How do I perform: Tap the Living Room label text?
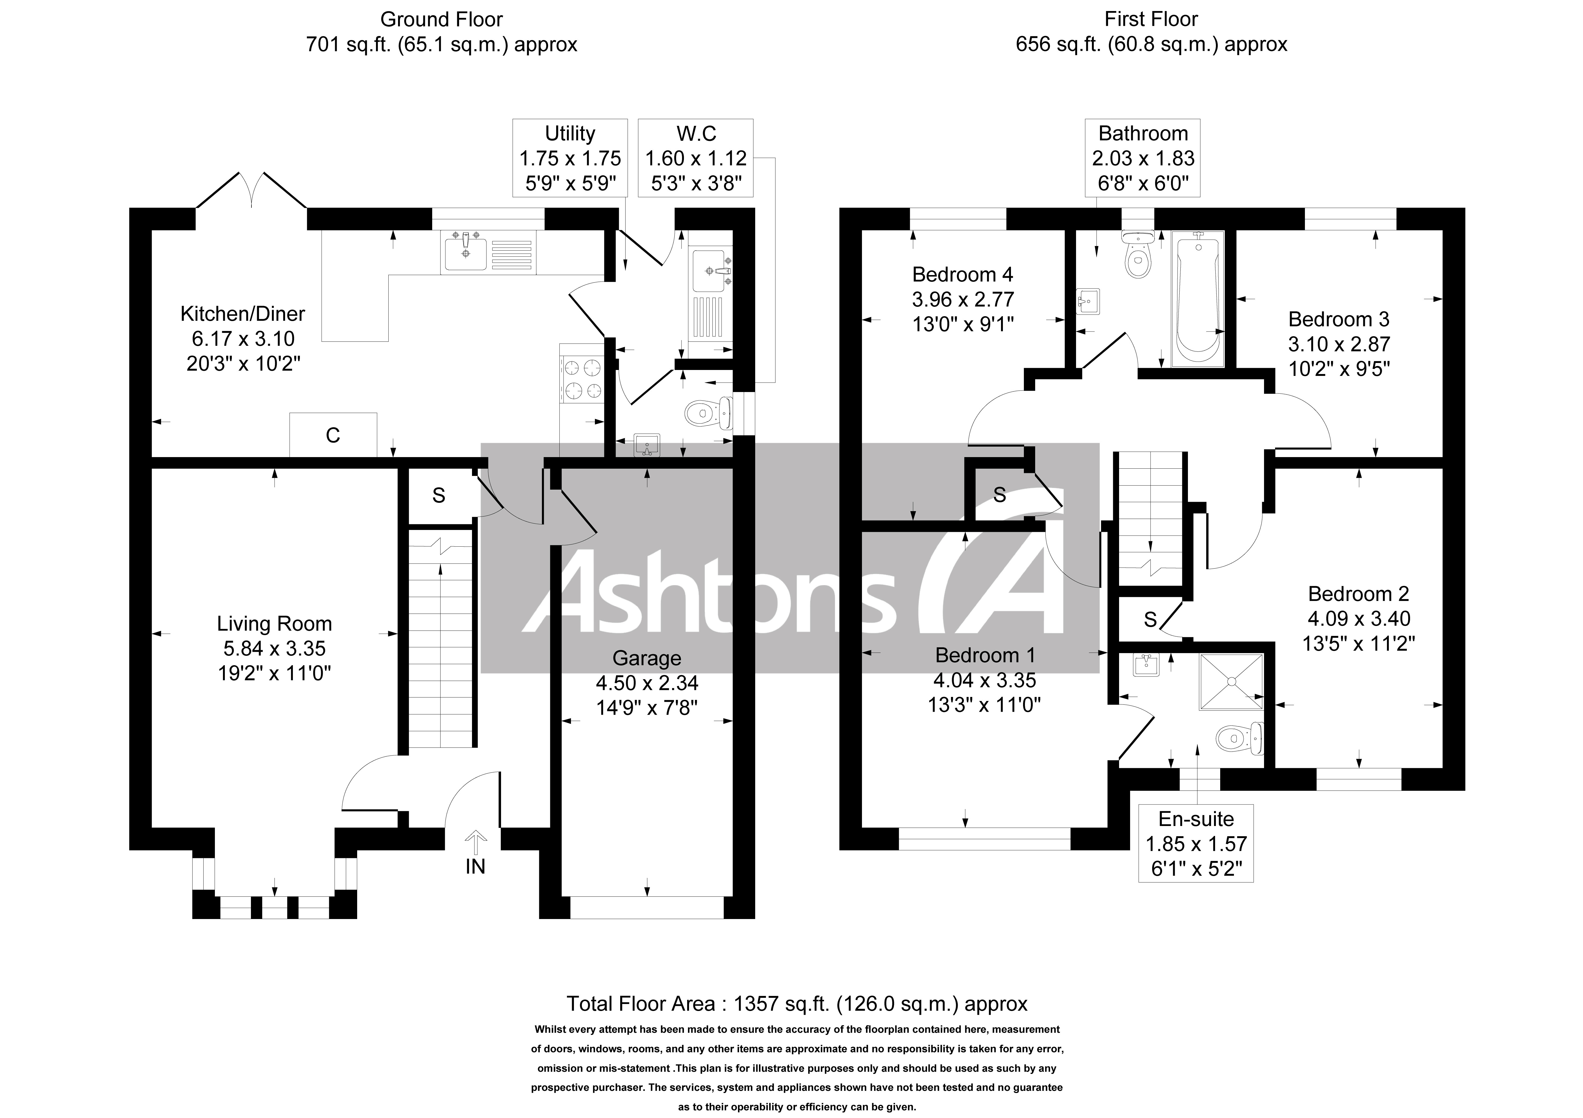[274, 624]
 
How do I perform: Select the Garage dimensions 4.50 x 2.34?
[647, 683]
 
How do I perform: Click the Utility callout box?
[570, 158]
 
